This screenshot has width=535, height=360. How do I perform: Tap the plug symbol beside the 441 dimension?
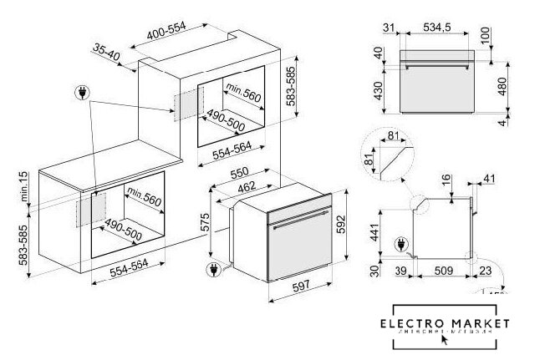400,244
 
